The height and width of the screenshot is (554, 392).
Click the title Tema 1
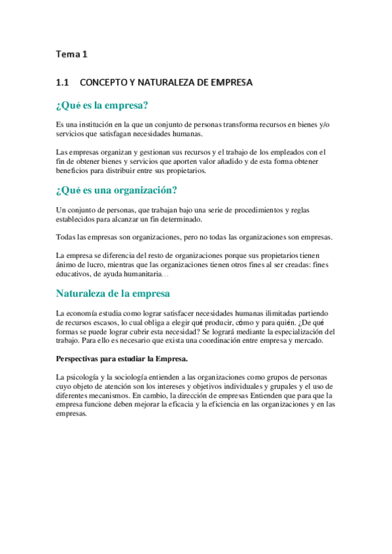click(x=71, y=55)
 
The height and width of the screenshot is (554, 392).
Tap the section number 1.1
click(x=63, y=82)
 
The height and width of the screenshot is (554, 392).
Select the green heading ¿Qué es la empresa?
click(x=101, y=105)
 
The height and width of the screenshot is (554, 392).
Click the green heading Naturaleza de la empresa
click(x=113, y=293)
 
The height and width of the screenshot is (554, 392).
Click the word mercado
click(x=307, y=341)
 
